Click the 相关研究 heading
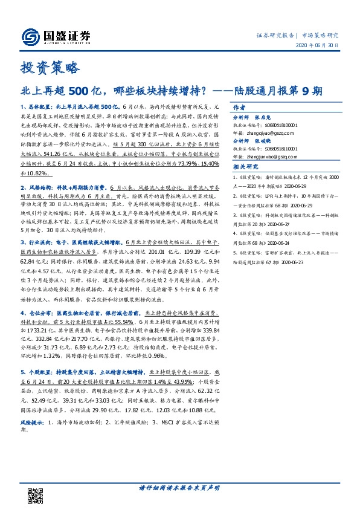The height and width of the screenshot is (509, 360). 244,167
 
